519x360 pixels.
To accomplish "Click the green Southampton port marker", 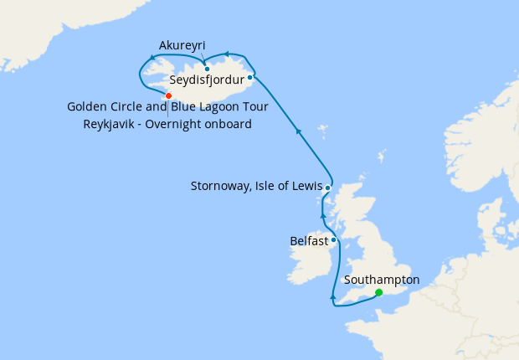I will [x=379, y=292].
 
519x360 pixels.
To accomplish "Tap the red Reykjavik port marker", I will [x=168, y=95].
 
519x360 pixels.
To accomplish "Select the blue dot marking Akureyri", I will [x=207, y=69].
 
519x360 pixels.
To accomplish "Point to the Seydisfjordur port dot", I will [x=250, y=77].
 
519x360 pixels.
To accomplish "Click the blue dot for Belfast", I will [x=334, y=240].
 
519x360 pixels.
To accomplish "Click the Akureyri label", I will [x=182, y=45].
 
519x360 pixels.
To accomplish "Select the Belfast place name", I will [x=309, y=240].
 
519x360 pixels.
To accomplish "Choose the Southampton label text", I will [x=382, y=280].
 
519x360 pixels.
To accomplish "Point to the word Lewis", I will [x=305, y=186].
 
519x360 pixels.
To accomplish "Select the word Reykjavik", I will [x=111, y=125].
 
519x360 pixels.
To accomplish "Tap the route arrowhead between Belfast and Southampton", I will [x=332, y=296].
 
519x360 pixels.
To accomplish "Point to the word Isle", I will [x=272, y=186].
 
